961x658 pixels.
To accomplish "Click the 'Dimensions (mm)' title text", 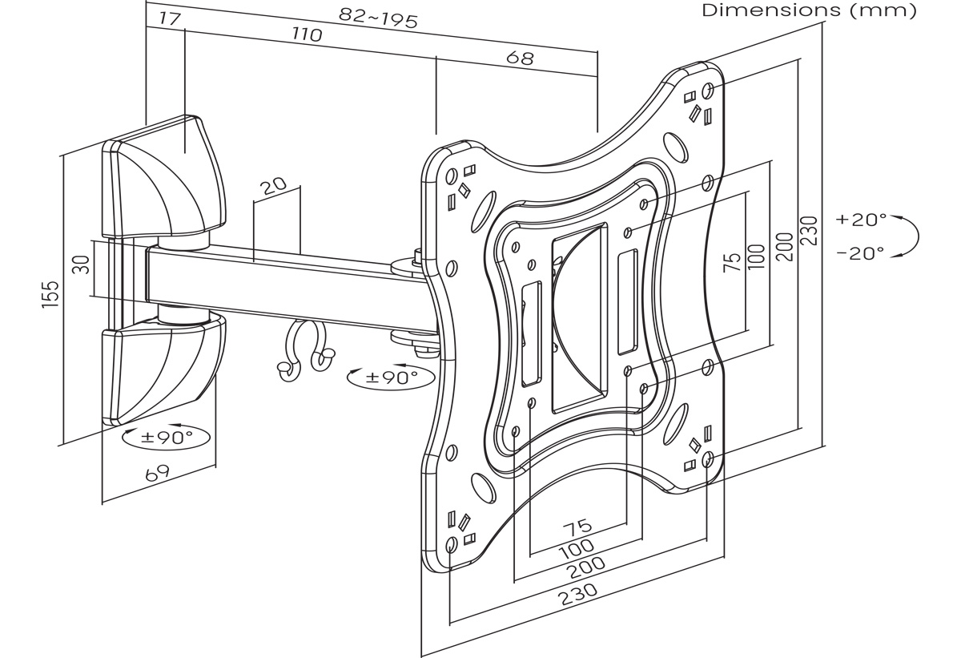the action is (x=809, y=10).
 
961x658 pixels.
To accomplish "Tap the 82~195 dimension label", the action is (x=378, y=18).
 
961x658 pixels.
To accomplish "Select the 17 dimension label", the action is (x=170, y=18).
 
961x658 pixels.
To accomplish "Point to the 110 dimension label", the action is (x=307, y=34).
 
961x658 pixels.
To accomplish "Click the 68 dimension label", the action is (x=520, y=58).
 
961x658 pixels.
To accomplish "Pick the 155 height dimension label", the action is (x=50, y=294).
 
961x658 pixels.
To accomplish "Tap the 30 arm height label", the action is (x=81, y=264).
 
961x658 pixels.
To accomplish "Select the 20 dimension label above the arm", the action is (x=273, y=187).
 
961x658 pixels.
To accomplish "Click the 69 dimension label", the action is (x=158, y=473).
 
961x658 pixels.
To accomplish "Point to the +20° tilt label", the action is (x=861, y=220).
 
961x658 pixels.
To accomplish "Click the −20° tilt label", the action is (x=861, y=253).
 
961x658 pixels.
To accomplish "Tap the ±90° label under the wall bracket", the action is (x=167, y=438).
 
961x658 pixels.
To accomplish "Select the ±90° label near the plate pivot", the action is (x=392, y=377).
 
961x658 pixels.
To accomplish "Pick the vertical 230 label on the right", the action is (x=809, y=231).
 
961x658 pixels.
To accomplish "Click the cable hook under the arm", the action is (x=305, y=349).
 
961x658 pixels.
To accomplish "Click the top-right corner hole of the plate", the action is (x=708, y=91).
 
